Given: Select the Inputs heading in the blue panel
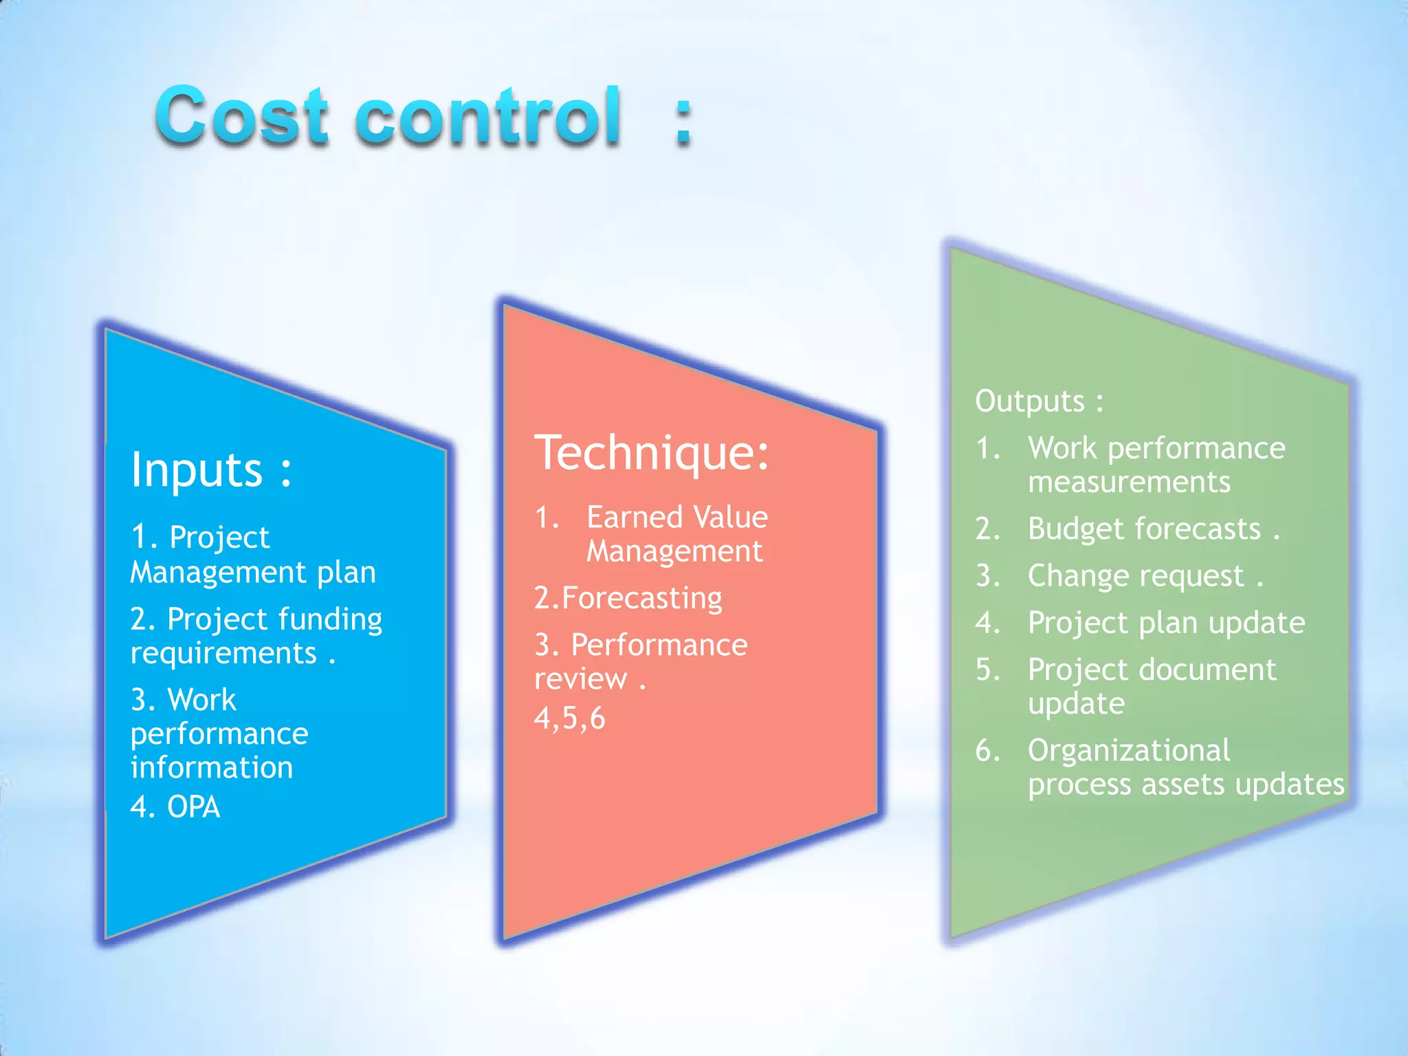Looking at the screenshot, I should [x=211, y=470].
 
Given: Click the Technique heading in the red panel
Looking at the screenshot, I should [x=652, y=453].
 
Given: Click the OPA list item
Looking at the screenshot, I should [x=192, y=807].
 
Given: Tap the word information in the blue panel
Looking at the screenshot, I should [x=212, y=768].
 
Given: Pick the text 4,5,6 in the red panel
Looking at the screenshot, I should [x=569, y=718].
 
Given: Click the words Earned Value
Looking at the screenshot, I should [x=676, y=517].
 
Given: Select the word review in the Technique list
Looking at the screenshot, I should [x=580, y=679].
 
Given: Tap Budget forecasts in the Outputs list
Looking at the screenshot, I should [x=1144, y=529].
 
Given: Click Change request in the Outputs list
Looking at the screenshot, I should [x=1136, y=576].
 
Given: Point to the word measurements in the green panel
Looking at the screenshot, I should [x=1129, y=482].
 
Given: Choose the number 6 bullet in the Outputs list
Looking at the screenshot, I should [x=987, y=750].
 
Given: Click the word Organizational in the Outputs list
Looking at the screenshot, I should [x=1129, y=750].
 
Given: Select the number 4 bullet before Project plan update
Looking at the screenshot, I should [x=987, y=623].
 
